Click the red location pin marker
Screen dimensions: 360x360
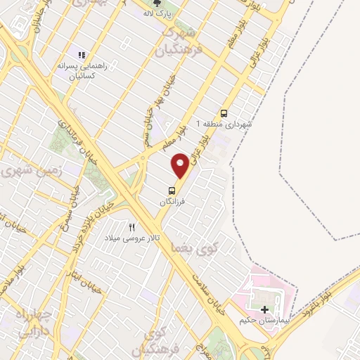click(x=180, y=165)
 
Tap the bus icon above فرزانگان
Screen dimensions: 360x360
click(x=172, y=190)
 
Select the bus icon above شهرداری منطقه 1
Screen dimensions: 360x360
click(x=224, y=113)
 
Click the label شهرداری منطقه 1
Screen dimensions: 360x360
click(x=227, y=124)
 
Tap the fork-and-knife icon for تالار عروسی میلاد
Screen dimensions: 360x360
click(x=131, y=227)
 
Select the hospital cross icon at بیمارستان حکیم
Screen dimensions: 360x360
click(x=264, y=309)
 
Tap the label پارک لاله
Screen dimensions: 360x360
click(x=157, y=13)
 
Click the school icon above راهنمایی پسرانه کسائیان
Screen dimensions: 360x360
click(x=82, y=54)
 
